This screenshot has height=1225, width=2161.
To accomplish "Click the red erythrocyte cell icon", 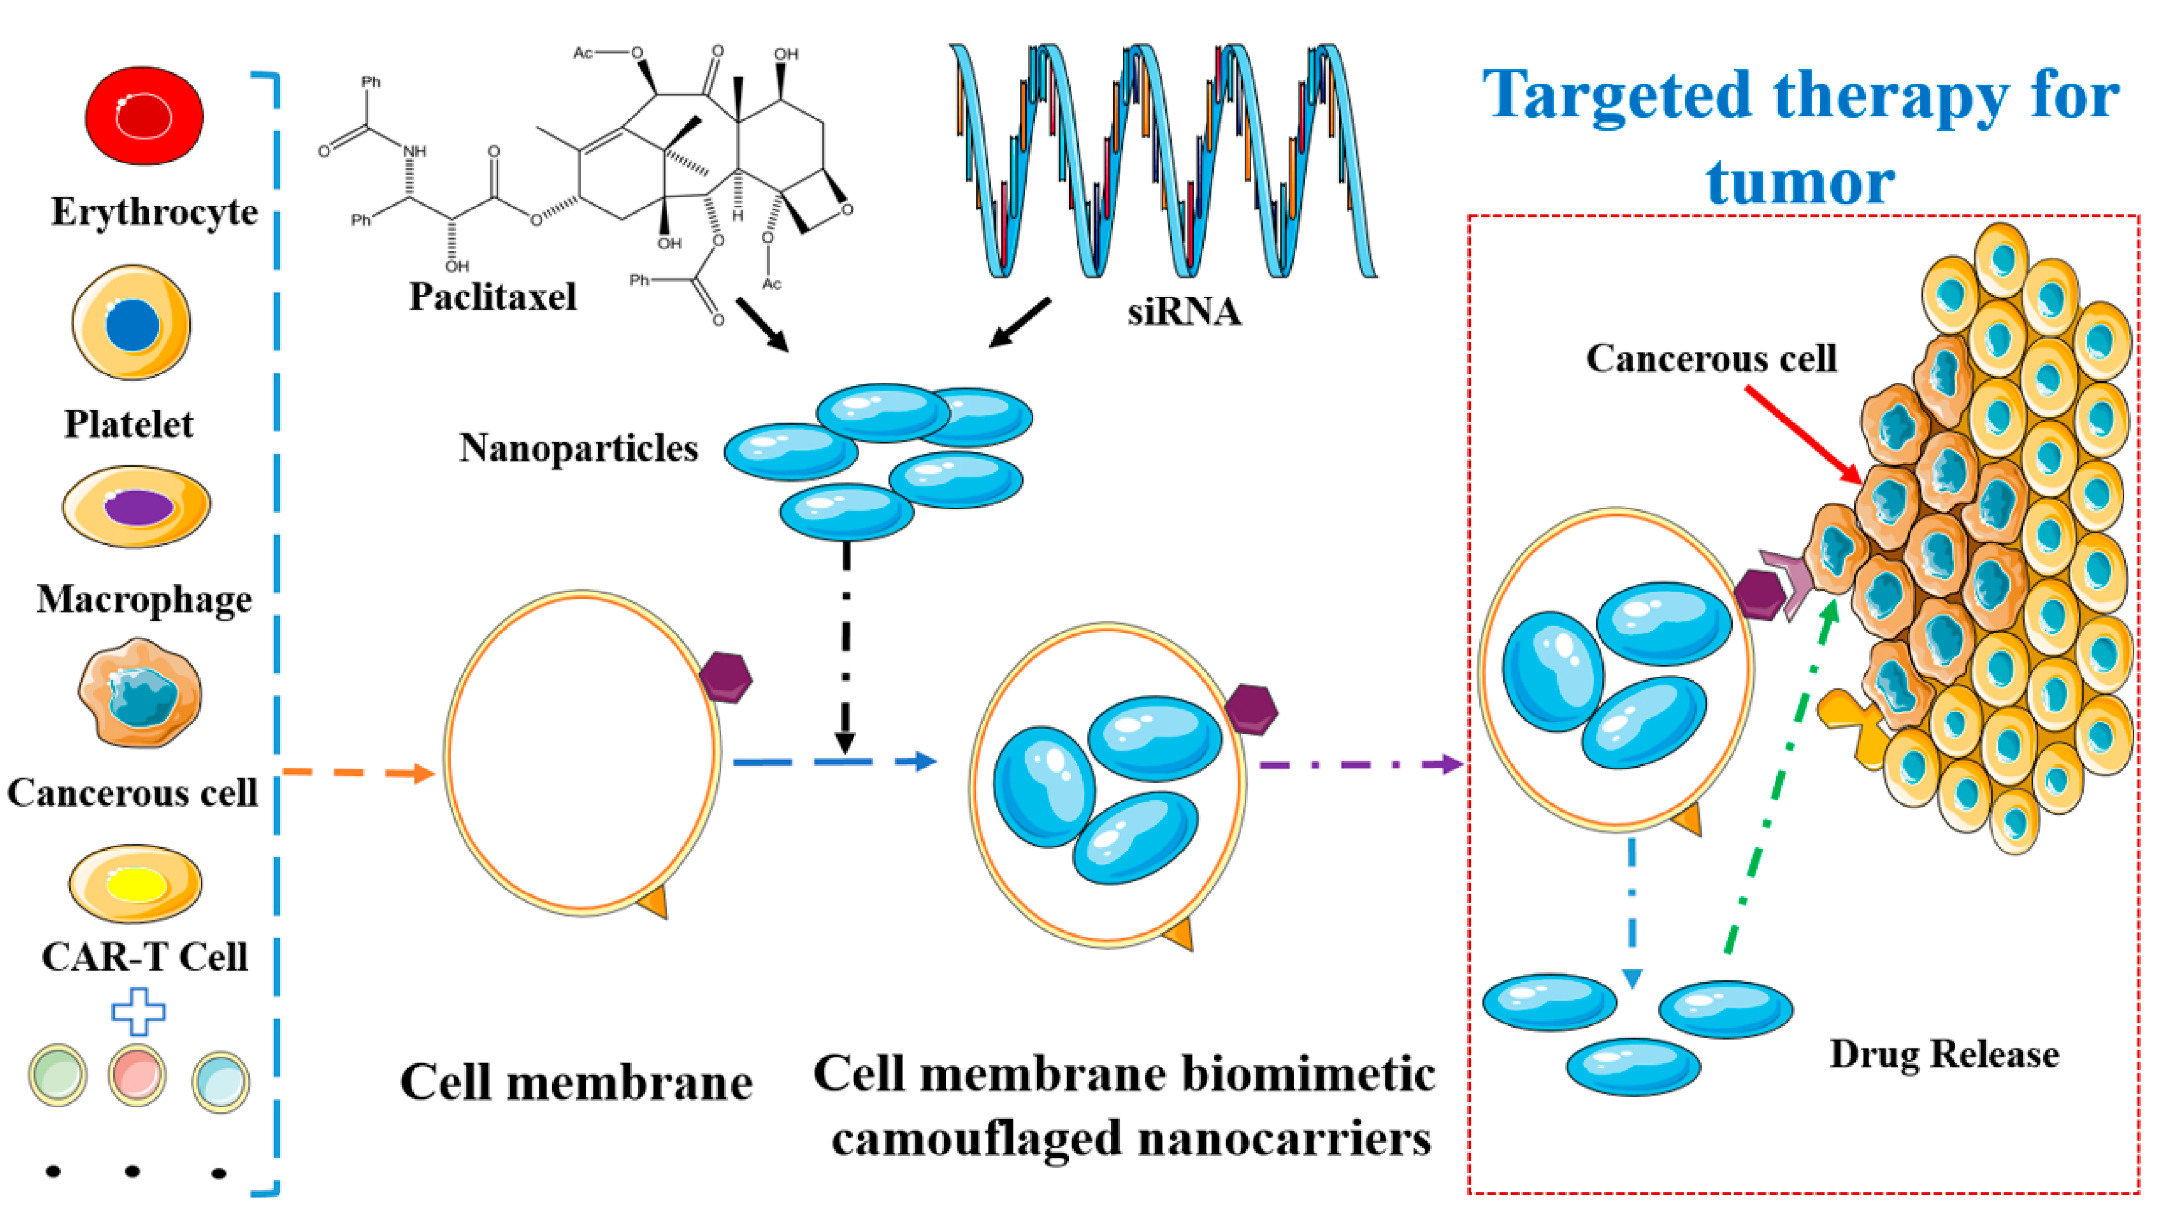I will (x=144, y=115).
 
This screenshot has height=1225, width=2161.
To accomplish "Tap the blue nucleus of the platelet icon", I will (x=132, y=324).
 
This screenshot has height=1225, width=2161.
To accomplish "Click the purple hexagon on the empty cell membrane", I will (x=725, y=677).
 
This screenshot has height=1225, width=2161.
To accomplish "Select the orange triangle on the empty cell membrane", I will (x=654, y=904).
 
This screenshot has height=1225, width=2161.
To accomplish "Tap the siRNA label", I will (x=1183, y=312).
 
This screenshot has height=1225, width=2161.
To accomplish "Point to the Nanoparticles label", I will (x=578, y=448).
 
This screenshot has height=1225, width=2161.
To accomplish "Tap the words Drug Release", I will (x=1944, y=1054).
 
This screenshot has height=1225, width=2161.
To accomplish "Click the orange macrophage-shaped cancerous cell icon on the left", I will (x=140, y=693).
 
